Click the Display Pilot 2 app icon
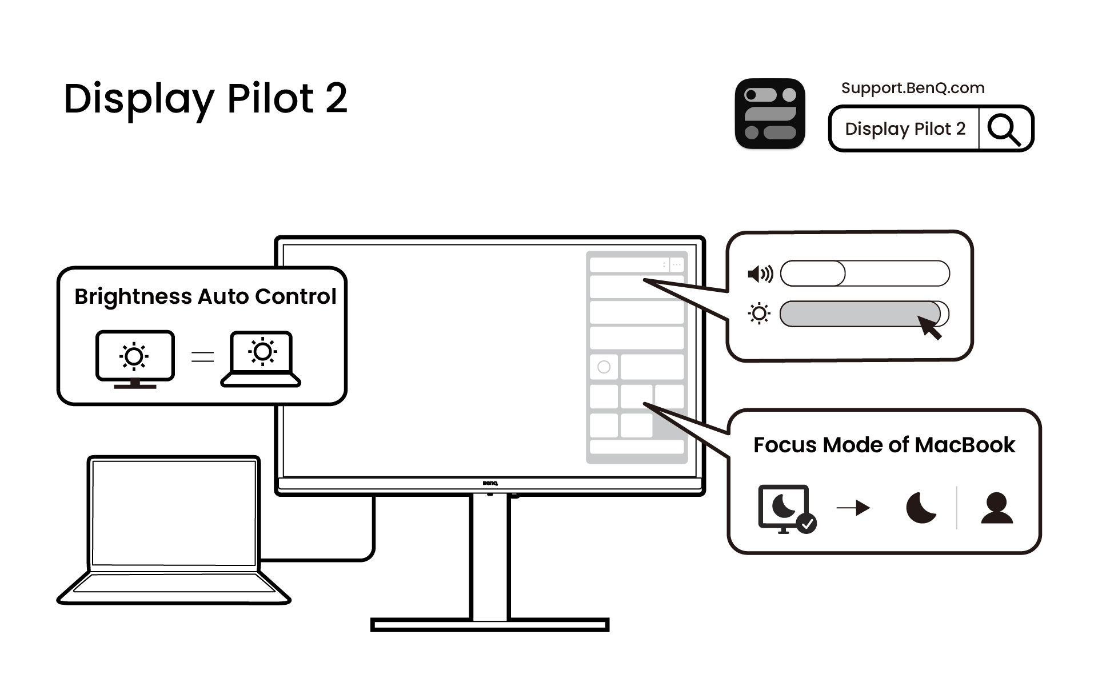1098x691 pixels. (x=770, y=114)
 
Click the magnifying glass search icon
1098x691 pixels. (x=1004, y=129)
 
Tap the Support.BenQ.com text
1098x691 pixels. (x=912, y=88)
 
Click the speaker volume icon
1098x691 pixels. (x=760, y=274)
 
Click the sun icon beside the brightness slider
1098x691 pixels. (x=759, y=314)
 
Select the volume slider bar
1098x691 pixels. (x=864, y=274)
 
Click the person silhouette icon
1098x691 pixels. (x=996, y=508)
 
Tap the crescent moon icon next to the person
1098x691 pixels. (x=921, y=508)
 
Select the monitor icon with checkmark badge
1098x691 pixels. (x=786, y=508)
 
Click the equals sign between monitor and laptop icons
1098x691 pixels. (x=202, y=357)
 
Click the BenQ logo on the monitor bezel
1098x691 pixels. (x=490, y=484)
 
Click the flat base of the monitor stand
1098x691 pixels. (x=490, y=625)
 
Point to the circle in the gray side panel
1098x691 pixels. (x=604, y=367)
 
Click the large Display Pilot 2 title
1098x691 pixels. (x=205, y=99)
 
